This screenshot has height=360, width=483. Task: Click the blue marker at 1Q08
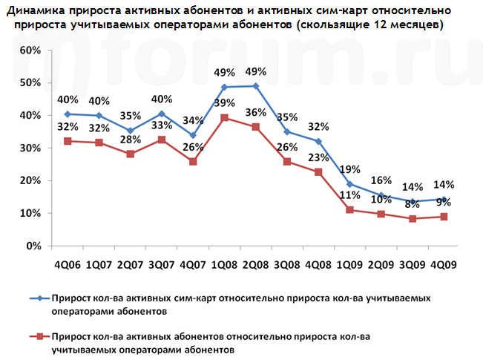pos(224,87)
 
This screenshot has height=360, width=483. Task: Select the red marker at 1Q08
pos(224,117)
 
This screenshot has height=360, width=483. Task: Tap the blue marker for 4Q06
pos(68,114)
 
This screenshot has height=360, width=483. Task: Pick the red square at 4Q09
pos(443,217)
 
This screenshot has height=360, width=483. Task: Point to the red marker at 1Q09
pos(349,210)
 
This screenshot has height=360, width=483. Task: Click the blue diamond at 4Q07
pos(193,135)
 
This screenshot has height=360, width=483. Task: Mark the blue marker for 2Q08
pos(255,86)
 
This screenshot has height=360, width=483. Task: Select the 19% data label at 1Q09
pos(349,168)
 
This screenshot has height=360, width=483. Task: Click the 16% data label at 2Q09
pos(381,180)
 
